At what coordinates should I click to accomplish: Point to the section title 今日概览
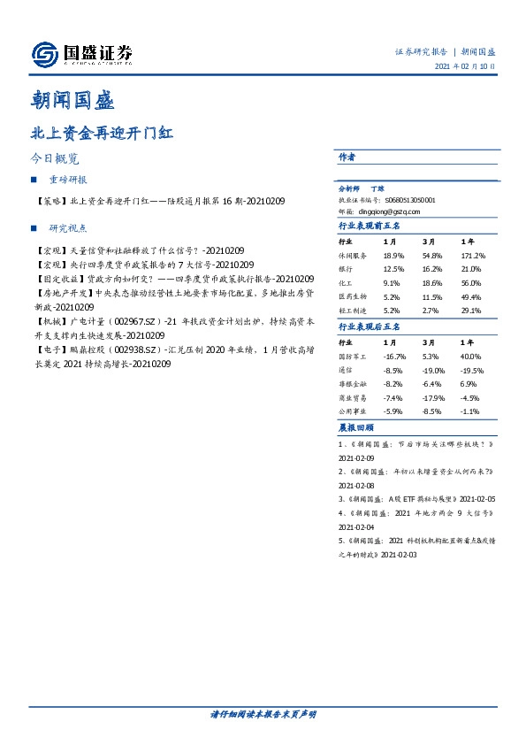[54, 160]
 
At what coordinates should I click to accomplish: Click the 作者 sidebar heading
[347, 157]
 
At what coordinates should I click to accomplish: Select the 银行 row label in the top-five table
[347, 267]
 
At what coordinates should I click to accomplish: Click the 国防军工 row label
[352, 355]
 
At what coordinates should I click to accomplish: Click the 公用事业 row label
[352, 411]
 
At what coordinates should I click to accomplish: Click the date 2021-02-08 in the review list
[358, 485]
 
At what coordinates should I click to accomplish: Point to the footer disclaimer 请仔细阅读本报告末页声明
[263, 713]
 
